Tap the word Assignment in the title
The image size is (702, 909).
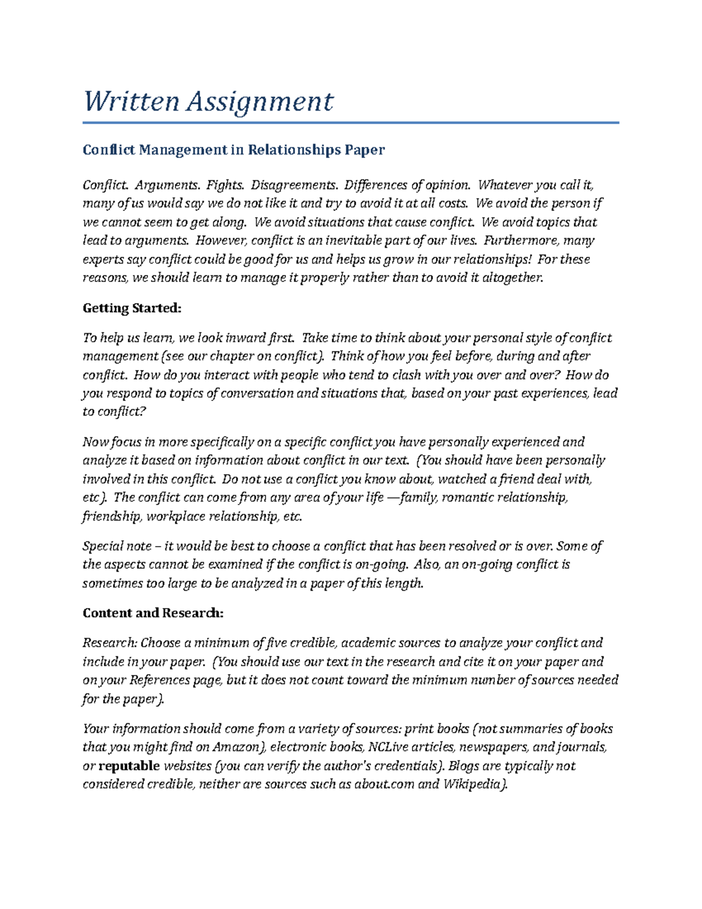tap(260, 102)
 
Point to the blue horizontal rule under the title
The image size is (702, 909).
tap(350, 123)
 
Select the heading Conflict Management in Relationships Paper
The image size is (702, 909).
tap(233, 150)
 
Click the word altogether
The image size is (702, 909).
tap(512, 277)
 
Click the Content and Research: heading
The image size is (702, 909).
tap(153, 613)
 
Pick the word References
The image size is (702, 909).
tap(160, 680)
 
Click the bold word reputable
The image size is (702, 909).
tap(129, 766)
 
